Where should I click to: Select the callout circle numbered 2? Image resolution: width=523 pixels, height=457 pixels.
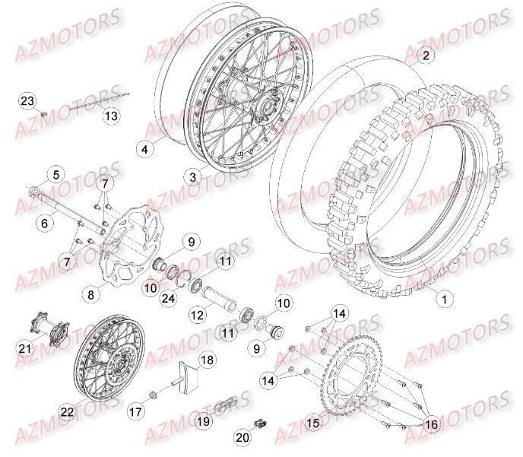[x=426, y=55]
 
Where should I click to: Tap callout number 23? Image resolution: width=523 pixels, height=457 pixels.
[x=27, y=101]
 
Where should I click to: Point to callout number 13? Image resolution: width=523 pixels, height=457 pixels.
[x=111, y=116]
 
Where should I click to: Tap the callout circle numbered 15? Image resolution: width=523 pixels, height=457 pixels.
[x=312, y=423]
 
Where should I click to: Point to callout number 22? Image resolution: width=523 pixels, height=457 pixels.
[x=67, y=411]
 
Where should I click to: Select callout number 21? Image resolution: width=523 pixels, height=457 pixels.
[x=26, y=348]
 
